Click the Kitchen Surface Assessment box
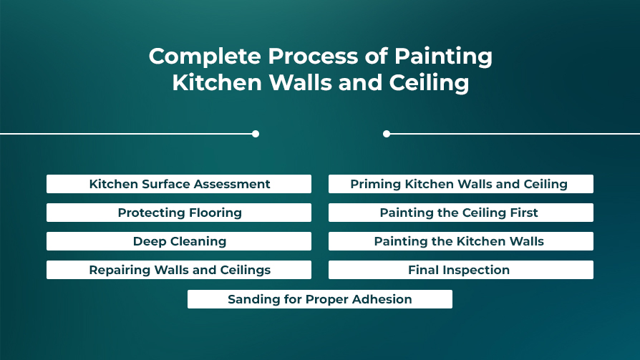[x=179, y=184]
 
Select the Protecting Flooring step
[x=179, y=213]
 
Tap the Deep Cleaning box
[x=179, y=241]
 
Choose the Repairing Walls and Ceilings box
[x=179, y=270]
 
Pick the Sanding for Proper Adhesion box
[x=319, y=299]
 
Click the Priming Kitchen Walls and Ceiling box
[x=461, y=184]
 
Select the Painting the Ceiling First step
[x=461, y=213]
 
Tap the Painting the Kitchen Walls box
[x=461, y=241]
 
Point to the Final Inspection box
[x=461, y=270]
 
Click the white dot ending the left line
[x=256, y=134]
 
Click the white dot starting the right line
[x=387, y=134]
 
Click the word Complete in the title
[x=205, y=57]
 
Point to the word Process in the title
[x=313, y=56]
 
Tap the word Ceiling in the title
[x=429, y=83]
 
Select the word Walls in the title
[x=301, y=82]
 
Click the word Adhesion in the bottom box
[x=382, y=299]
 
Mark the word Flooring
[x=215, y=213]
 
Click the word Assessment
[x=232, y=184]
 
